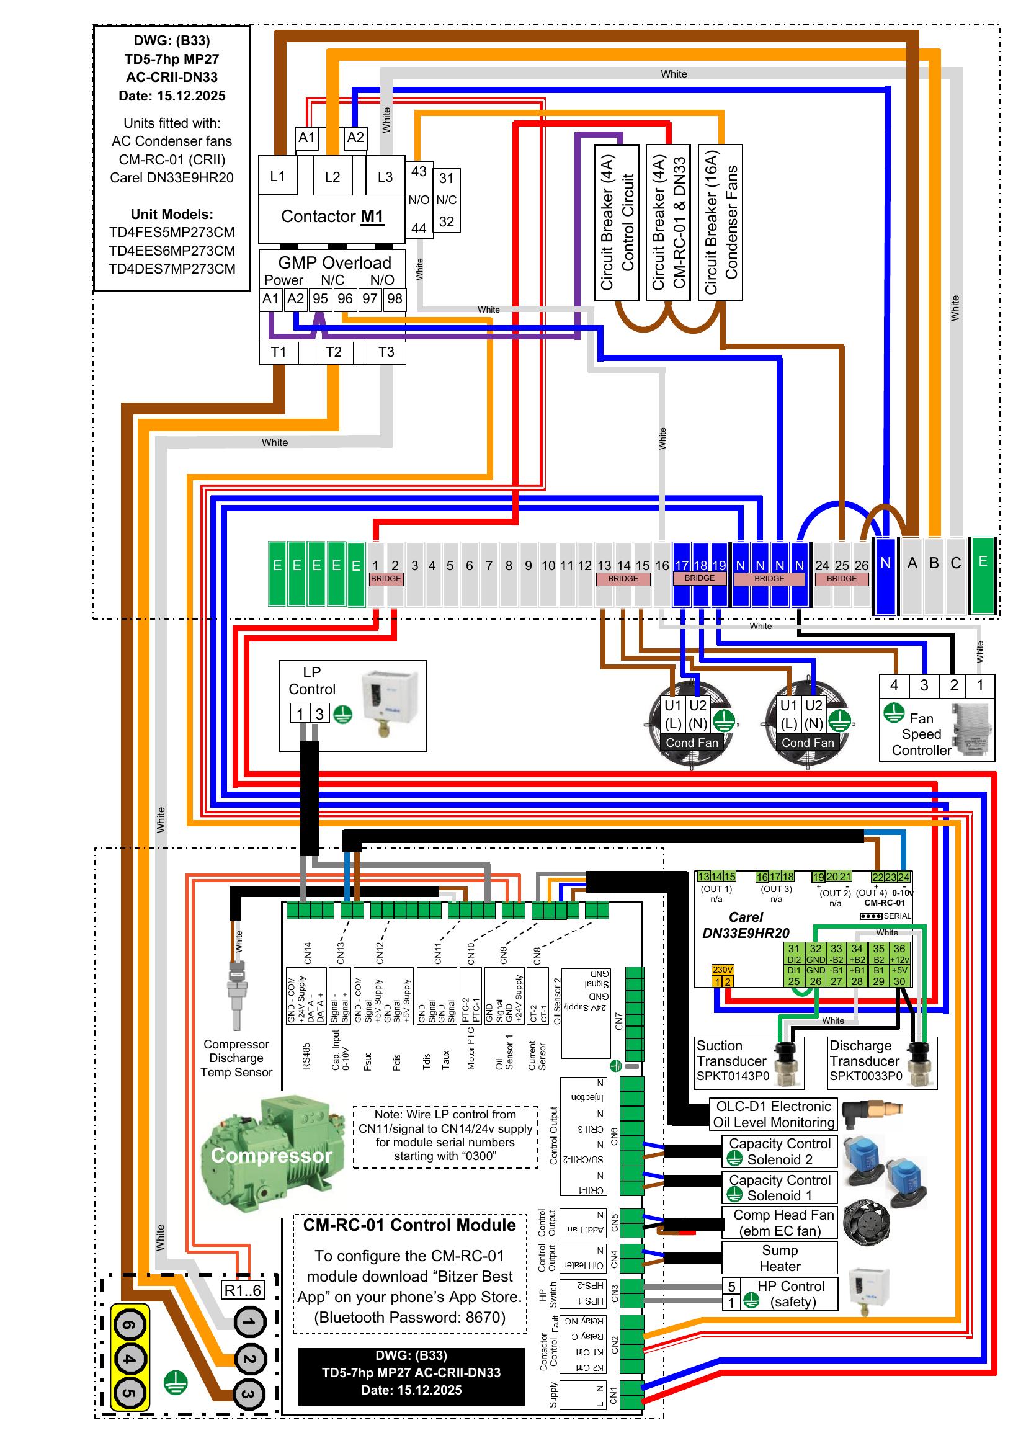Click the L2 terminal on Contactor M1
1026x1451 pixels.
tap(332, 176)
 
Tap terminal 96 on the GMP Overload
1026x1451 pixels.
tap(345, 299)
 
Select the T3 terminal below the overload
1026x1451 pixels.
tap(386, 352)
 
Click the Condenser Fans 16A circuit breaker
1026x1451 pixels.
tap(720, 223)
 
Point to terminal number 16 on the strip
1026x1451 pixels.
tap(661, 566)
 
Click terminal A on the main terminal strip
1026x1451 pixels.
tap(912, 563)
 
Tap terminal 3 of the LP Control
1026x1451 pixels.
tap(319, 714)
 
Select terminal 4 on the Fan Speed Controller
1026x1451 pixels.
tap(894, 685)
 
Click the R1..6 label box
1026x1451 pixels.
tap(243, 1290)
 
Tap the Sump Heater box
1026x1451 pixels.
tap(780, 1257)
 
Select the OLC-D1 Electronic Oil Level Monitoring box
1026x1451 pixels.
tap(774, 1114)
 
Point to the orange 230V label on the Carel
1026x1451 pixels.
tap(722, 970)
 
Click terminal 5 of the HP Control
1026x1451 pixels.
tap(731, 1286)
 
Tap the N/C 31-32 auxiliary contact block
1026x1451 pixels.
tap(447, 200)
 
